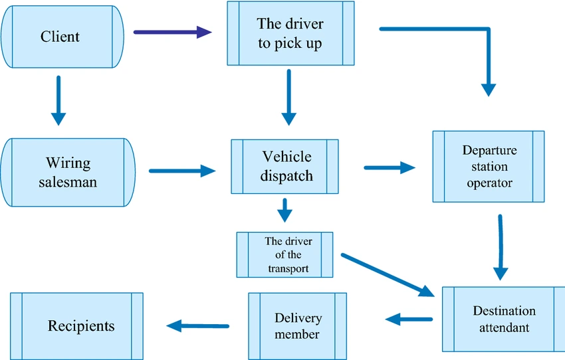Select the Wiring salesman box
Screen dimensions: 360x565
click(68, 171)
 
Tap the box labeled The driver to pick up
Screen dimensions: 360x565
click(290, 33)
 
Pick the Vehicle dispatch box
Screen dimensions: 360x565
click(284, 167)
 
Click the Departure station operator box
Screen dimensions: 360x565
click(489, 166)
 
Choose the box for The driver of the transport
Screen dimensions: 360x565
click(284, 254)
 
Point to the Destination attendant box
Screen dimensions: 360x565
click(503, 319)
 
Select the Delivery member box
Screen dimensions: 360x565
click(297, 325)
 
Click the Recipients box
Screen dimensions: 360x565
click(77, 325)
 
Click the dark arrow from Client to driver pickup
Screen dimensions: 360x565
click(172, 31)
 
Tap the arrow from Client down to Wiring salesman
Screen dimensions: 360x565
click(58, 100)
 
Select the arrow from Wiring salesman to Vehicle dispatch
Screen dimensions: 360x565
click(182, 171)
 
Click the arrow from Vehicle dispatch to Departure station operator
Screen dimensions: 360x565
click(390, 168)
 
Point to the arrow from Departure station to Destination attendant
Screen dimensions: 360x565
click(500, 246)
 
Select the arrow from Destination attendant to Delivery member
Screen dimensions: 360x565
click(408, 319)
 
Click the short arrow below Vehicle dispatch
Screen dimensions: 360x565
click(284, 211)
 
